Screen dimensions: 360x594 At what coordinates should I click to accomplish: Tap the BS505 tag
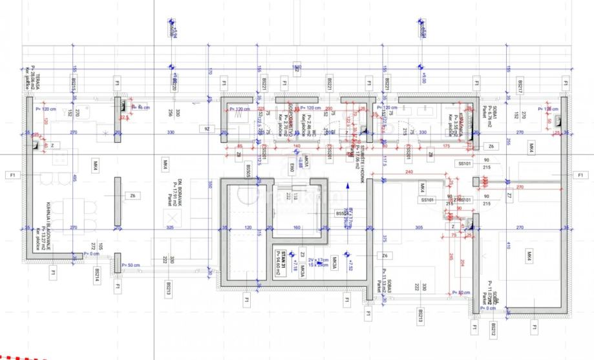[249, 171]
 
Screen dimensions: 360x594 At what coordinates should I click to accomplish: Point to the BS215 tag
[75, 85]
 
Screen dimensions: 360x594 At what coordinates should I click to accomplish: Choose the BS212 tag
[494, 330]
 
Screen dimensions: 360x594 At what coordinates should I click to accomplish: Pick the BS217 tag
[520, 85]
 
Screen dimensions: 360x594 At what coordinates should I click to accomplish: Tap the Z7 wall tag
[509, 195]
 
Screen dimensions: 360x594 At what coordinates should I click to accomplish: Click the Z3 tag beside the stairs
[302, 254]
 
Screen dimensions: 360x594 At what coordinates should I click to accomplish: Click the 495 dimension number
[75, 178]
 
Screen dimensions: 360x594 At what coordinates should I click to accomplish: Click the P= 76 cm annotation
[141, 107]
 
